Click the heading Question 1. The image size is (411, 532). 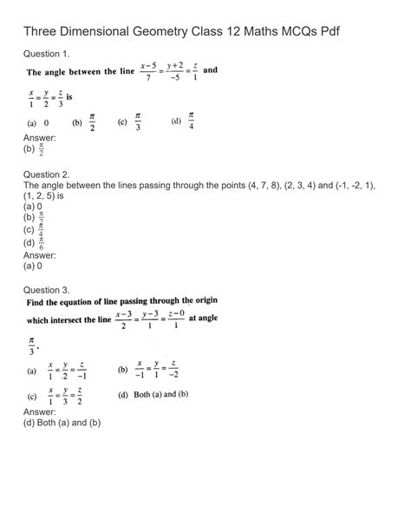[x=50, y=54]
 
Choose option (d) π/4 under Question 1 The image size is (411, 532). [x=183, y=121]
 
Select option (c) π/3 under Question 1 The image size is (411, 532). [x=129, y=122]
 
